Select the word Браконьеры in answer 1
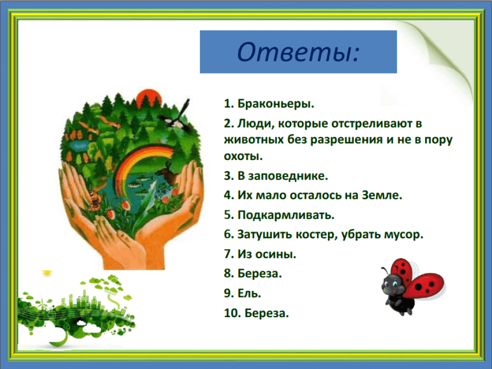[x=275, y=103]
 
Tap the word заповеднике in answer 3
[x=287, y=176]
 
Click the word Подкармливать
[x=286, y=215]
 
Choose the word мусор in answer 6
[x=402, y=234]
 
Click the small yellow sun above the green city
[x=47, y=273]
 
